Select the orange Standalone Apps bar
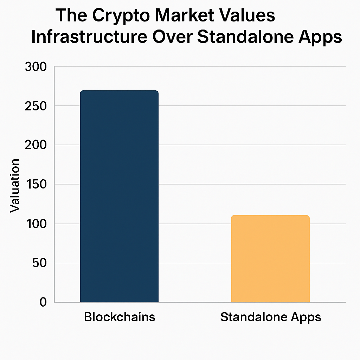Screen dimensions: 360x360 270,259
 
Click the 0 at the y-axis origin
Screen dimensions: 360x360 43,302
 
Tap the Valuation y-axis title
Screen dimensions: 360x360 15,186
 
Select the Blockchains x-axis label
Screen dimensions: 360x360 120,317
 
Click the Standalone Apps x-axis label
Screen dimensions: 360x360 271,317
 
